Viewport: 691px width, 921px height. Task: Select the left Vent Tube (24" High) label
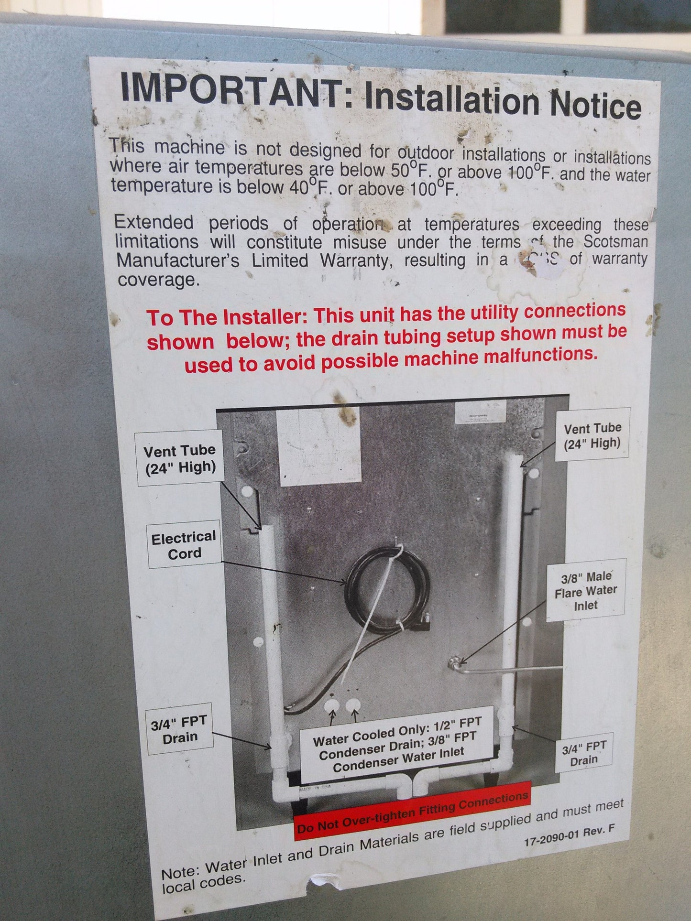click(180, 458)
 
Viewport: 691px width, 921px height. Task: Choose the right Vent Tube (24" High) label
click(592, 436)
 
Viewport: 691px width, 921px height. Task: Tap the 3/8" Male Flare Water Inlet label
click(586, 591)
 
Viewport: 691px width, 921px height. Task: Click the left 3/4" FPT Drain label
click(179, 730)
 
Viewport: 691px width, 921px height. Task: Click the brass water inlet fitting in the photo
click(453, 662)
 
